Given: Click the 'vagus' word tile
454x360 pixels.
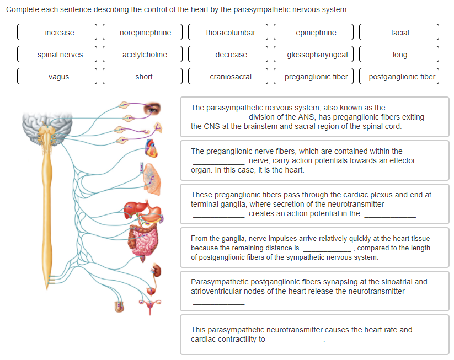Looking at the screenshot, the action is click(57, 77).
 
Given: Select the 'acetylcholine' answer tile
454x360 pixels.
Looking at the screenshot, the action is click(142, 55).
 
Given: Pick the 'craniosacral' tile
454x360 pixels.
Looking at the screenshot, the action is click(228, 77).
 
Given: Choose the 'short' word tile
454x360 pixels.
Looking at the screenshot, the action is click(142, 77).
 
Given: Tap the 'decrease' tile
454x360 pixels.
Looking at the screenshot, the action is click(228, 55).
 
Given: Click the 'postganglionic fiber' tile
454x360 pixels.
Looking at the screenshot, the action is click(399, 77).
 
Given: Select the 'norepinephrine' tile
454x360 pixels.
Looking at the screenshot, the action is click(142, 32).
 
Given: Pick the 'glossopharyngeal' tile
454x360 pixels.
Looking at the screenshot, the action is click(313, 55).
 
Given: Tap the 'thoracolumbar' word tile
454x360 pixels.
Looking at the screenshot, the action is click(228, 32).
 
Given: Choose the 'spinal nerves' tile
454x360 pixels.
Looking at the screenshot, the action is click(57, 55).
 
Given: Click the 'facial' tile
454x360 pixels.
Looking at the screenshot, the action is click(399, 32).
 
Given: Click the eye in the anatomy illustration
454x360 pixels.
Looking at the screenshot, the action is click(152, 109).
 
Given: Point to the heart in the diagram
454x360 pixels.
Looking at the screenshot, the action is click(151, 148).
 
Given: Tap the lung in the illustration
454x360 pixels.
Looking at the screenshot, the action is click(152, 179).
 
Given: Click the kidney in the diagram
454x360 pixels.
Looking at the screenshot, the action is click(157, 270).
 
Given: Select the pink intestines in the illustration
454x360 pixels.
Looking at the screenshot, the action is click(143, 240).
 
